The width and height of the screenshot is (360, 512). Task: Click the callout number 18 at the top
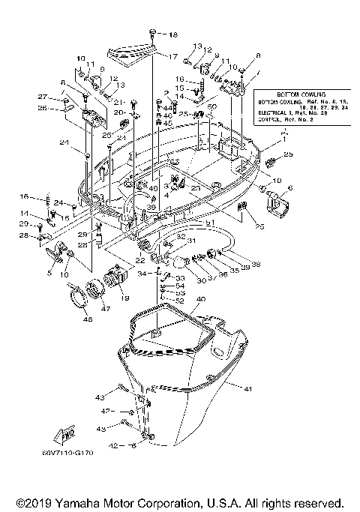[x=174, y=35]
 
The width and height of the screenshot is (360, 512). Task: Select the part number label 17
[x=172, y=56]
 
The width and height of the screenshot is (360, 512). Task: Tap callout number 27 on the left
[x=43, y=97]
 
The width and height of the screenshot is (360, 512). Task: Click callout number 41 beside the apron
[x=247, y=388]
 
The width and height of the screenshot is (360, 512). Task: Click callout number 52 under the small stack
[x=180, y=301]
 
